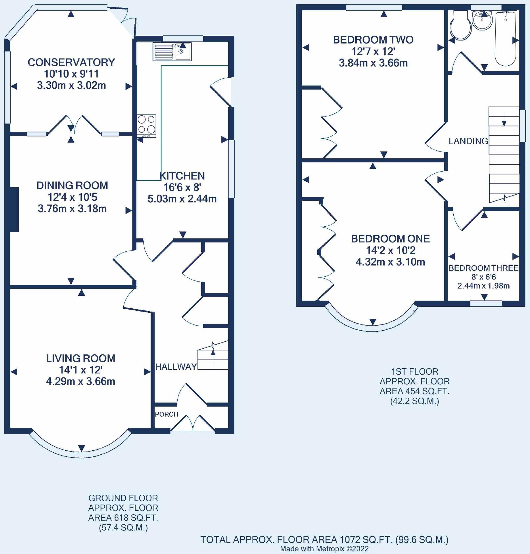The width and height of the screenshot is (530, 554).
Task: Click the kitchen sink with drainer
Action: tap(172, 52)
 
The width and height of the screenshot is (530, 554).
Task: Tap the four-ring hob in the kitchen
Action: tap(147, 126)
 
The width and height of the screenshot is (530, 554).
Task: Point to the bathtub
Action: tap(506, 38)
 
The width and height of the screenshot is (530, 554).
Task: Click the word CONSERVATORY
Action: tap(71, 62)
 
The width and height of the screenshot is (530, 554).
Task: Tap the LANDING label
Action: tap(468, 141)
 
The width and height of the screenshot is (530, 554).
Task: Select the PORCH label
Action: tap(166, 414)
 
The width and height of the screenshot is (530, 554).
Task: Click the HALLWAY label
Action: tap(176, 367)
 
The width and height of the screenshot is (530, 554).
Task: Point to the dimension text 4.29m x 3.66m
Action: tap(81, 381)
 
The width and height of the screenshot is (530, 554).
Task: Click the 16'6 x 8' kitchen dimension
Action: tap(182, 187)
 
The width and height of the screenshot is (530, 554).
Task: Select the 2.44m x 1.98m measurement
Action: tap(484, 286)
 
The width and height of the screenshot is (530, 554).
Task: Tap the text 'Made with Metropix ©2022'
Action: tap(324, 549)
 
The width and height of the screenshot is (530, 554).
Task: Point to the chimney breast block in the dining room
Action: tap(14, 209)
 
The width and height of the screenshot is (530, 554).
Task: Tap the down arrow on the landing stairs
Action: tap(504, 118)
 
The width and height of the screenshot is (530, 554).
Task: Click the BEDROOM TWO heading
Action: tap(373, 40)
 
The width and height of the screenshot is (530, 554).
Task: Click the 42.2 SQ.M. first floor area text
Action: tap(415, 401)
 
